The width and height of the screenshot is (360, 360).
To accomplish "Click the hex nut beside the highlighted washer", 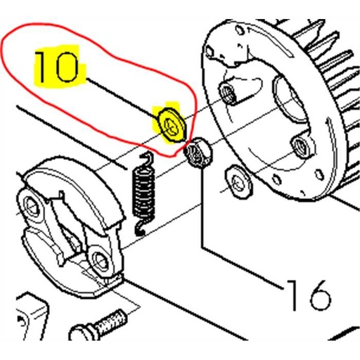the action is click(198, 153).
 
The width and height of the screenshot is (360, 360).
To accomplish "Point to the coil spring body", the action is click(143, 192).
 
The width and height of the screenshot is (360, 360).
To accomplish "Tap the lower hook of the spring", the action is click(141, 227).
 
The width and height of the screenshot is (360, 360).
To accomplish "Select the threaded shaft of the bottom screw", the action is click(111, 322).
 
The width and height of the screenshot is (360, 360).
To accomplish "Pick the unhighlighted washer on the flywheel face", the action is click(238, 181).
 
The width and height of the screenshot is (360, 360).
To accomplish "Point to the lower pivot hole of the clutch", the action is click(100, 259).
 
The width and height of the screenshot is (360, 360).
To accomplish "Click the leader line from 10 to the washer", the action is click(122, 98).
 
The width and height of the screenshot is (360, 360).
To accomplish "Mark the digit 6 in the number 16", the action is click(319, 295).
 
